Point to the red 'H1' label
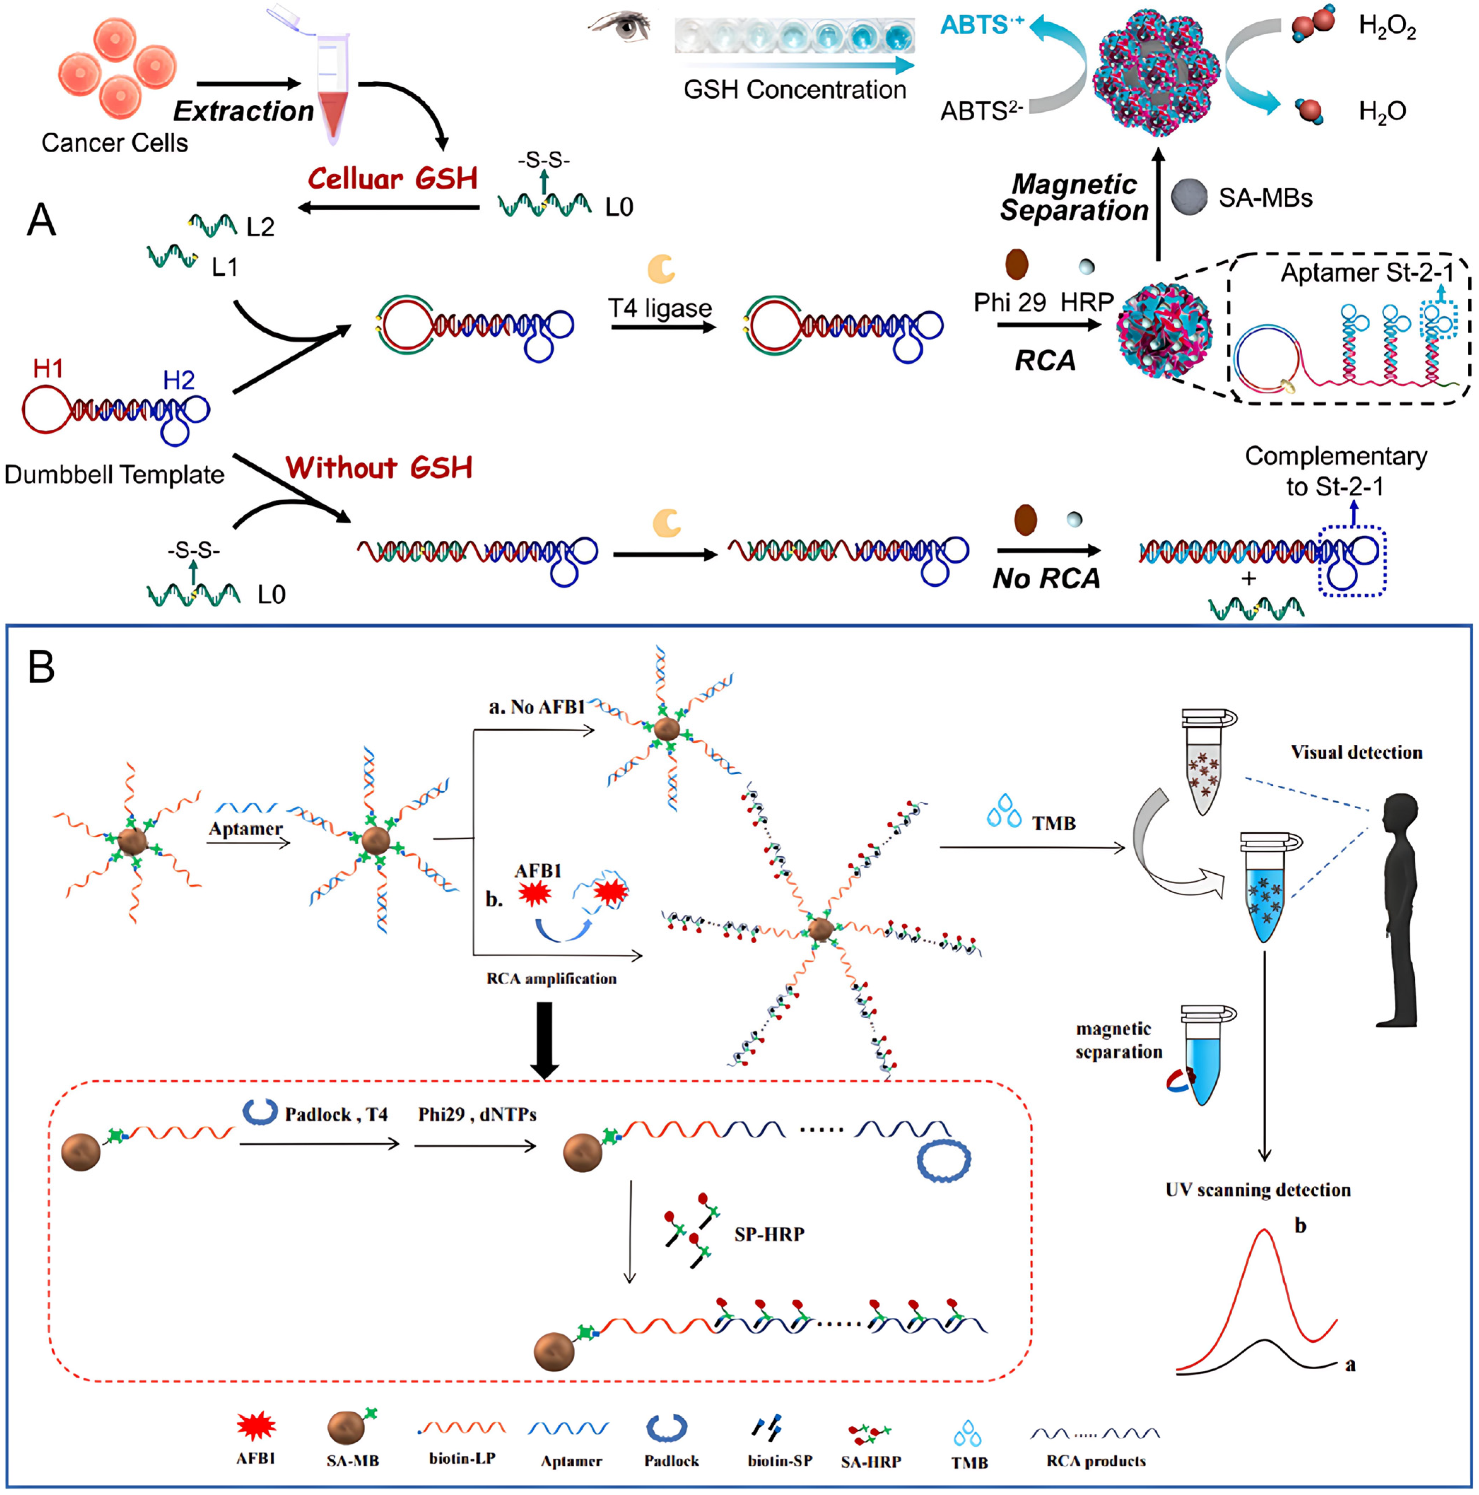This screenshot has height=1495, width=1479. point(48,368)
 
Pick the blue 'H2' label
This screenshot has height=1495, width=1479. point(179,380)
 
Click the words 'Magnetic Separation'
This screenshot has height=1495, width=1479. point(1074,197)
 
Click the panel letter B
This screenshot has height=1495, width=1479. point(42,667)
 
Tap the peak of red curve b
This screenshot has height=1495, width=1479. point(1264,1231)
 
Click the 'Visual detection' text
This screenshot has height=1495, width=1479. point(1356,752)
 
